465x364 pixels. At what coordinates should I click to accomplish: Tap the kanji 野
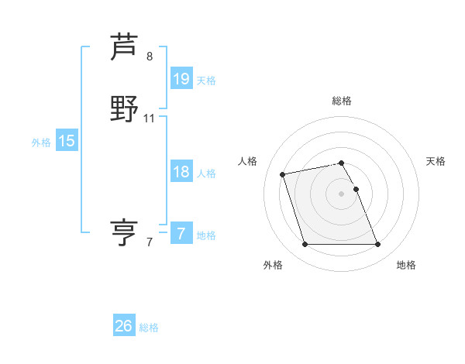(124, 108)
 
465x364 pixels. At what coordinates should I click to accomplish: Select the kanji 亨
(124, 232)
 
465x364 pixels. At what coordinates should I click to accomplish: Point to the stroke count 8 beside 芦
(150, 56)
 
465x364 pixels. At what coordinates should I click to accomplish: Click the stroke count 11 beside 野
(150, 118)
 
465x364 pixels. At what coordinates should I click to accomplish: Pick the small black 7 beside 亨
(150, 242)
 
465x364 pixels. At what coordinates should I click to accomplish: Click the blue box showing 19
(181, 79)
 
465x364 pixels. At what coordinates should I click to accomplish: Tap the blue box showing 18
(181, 172)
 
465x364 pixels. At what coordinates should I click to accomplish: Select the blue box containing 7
(181, 234)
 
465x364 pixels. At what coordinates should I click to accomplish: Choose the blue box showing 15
(67, 141)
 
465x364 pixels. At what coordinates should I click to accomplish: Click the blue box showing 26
(124, 326)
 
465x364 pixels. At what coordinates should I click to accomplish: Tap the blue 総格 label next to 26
(149, 328)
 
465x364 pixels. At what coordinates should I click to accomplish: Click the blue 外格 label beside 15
(41, 143)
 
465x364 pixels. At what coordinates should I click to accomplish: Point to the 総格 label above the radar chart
(342, 101)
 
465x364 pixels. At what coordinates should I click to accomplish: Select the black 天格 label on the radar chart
(436, 161)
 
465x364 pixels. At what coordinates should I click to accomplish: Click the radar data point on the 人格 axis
(283, 173)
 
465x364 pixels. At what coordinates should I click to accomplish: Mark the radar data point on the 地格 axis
(377, 245)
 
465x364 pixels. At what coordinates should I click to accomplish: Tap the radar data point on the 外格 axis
(305, 245)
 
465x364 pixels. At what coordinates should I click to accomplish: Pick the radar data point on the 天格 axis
(356, 189)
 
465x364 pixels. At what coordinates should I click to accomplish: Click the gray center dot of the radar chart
(341, 194)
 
